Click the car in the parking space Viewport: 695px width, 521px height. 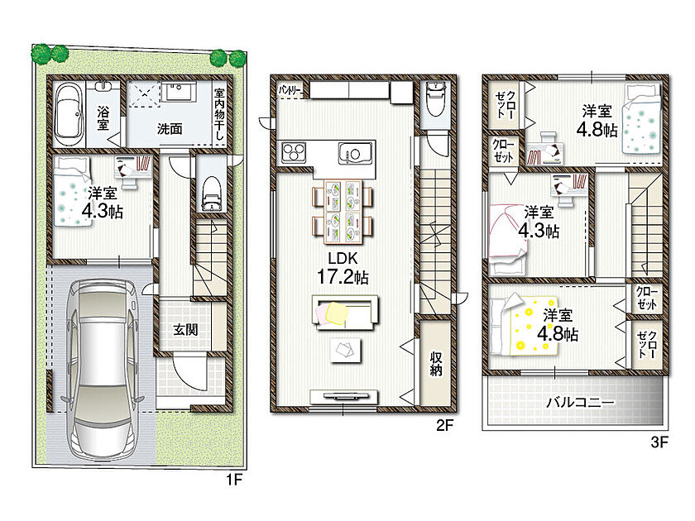(102, 370)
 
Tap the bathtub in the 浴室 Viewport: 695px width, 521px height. (69, 114)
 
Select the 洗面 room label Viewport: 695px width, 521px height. (170, 129)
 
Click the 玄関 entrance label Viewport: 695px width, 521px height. (185, 329)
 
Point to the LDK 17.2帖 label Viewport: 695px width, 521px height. (343, 268)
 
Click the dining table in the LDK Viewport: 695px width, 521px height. (343, 213)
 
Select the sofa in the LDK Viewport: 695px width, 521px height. (345, 313)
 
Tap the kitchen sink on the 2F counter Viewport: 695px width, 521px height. (355, 154)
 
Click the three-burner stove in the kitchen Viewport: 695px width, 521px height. (294, 152)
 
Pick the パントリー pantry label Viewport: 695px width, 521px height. (290, 90)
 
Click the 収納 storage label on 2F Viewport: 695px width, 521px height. (436, 364)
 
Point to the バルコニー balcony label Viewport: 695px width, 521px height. (580, 402)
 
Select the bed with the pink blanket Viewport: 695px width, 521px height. (508, 239)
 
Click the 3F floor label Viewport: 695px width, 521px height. (659, 442)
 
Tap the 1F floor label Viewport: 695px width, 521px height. (234, 480)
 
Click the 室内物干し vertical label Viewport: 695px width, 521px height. (219, 114)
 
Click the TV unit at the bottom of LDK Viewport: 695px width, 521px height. (344, 396)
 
